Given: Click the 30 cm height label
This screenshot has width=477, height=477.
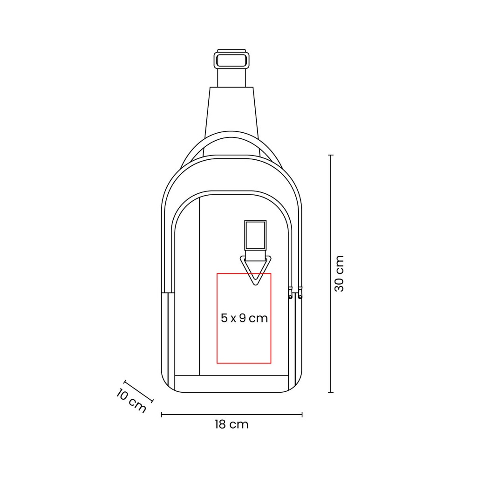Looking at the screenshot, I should [340, 273].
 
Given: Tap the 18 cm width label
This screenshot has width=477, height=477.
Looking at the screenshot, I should [232, 424].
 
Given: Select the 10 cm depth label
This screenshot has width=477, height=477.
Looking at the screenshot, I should [131, 400].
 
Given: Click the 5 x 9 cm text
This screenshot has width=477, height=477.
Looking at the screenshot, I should [244, 318].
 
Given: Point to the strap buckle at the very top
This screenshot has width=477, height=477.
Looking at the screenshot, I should [232, 60].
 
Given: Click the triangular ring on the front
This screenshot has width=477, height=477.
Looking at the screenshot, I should [255, 270].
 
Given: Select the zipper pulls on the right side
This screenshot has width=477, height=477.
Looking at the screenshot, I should [295, 293].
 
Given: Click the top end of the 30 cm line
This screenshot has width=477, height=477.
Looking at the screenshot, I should [331, 155].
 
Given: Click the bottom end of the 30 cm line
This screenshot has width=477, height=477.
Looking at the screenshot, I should [331, 392].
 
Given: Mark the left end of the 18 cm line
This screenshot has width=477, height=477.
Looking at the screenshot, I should [162, 414].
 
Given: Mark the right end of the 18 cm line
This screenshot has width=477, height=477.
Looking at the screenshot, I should [302, 414].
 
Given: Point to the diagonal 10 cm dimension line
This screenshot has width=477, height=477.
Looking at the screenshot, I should [138, 391].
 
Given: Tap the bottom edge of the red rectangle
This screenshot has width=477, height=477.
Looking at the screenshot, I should [244, 362].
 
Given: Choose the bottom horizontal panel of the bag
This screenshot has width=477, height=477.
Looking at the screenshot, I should [232, 383].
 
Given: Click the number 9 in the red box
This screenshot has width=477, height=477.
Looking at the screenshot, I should [242, 318].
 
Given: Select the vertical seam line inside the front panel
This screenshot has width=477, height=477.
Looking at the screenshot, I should [199, 284].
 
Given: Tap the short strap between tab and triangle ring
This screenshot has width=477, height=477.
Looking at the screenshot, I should [255, 254].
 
